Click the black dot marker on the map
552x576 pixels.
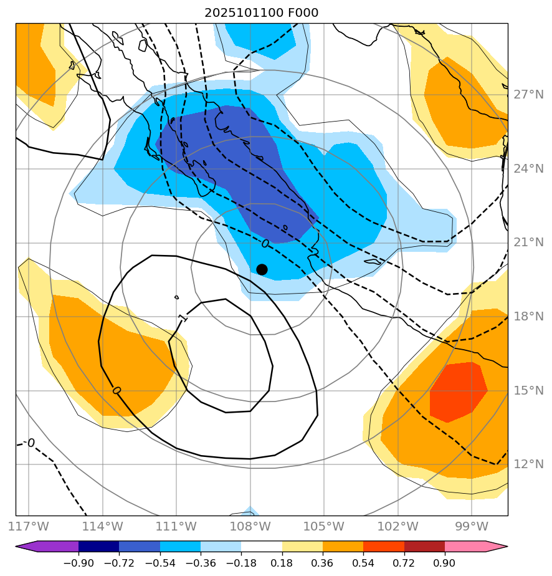tap(262, 269)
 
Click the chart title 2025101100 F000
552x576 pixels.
tap(262, 13)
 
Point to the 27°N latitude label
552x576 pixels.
tap(528, 95)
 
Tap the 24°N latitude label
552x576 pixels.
tap(528, 168)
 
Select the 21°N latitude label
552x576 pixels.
tap(528, 242)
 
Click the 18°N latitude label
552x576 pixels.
tap(528, 316)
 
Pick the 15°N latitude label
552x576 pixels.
tap(528, 390)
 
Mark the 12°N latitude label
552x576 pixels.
tap(528, 464)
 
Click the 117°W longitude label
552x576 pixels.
tap(29, 526)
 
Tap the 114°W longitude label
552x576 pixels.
tap(103, 526)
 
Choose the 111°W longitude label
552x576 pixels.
tap(176, 526)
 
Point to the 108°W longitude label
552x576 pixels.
tap(250, 526)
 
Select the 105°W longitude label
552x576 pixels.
tap(324, 526)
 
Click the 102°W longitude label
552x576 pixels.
tap(397, 526)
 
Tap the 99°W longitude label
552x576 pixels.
tap(472, 526)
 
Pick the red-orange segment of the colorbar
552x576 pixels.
tap(384, 547)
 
